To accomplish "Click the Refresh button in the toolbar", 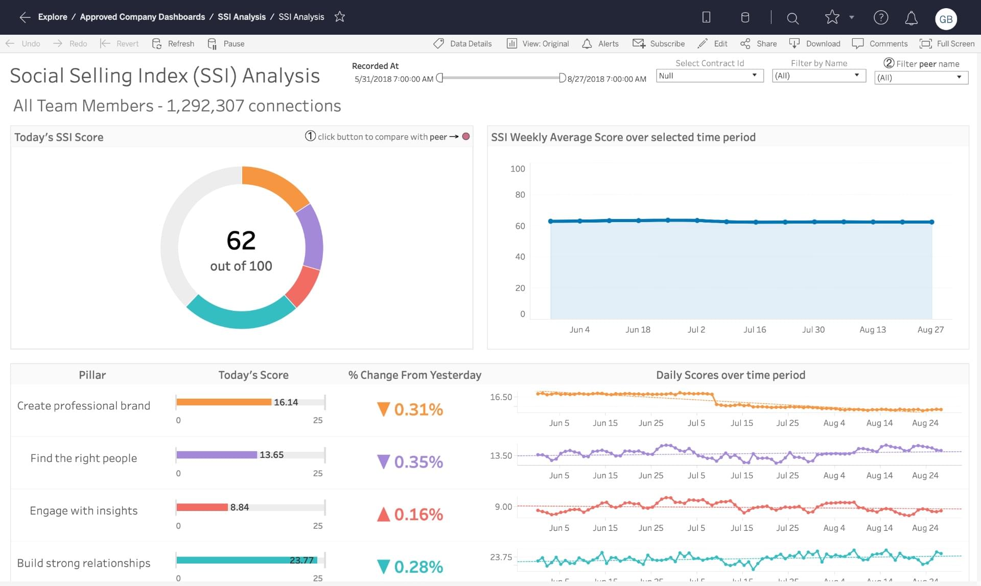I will [173, 43].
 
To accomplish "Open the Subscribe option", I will [659, 43].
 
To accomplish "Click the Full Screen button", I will [947, 43].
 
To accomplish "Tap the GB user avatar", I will [945, 19].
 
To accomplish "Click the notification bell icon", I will [911, 18].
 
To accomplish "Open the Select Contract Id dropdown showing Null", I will [709, 76].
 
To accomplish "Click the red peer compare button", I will [465, 136].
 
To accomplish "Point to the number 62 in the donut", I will [241, 240].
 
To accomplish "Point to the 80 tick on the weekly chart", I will [520, 194].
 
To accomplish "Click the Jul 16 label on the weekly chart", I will [754, 330].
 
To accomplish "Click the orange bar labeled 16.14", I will [223, 402].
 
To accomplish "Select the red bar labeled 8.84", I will [202, 507].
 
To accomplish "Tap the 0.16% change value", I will [418, 514].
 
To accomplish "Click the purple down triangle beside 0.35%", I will [383, 461].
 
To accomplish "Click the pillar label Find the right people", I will [84, 458].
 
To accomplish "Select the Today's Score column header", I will [253, 375].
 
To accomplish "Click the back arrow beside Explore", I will [25, 17].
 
